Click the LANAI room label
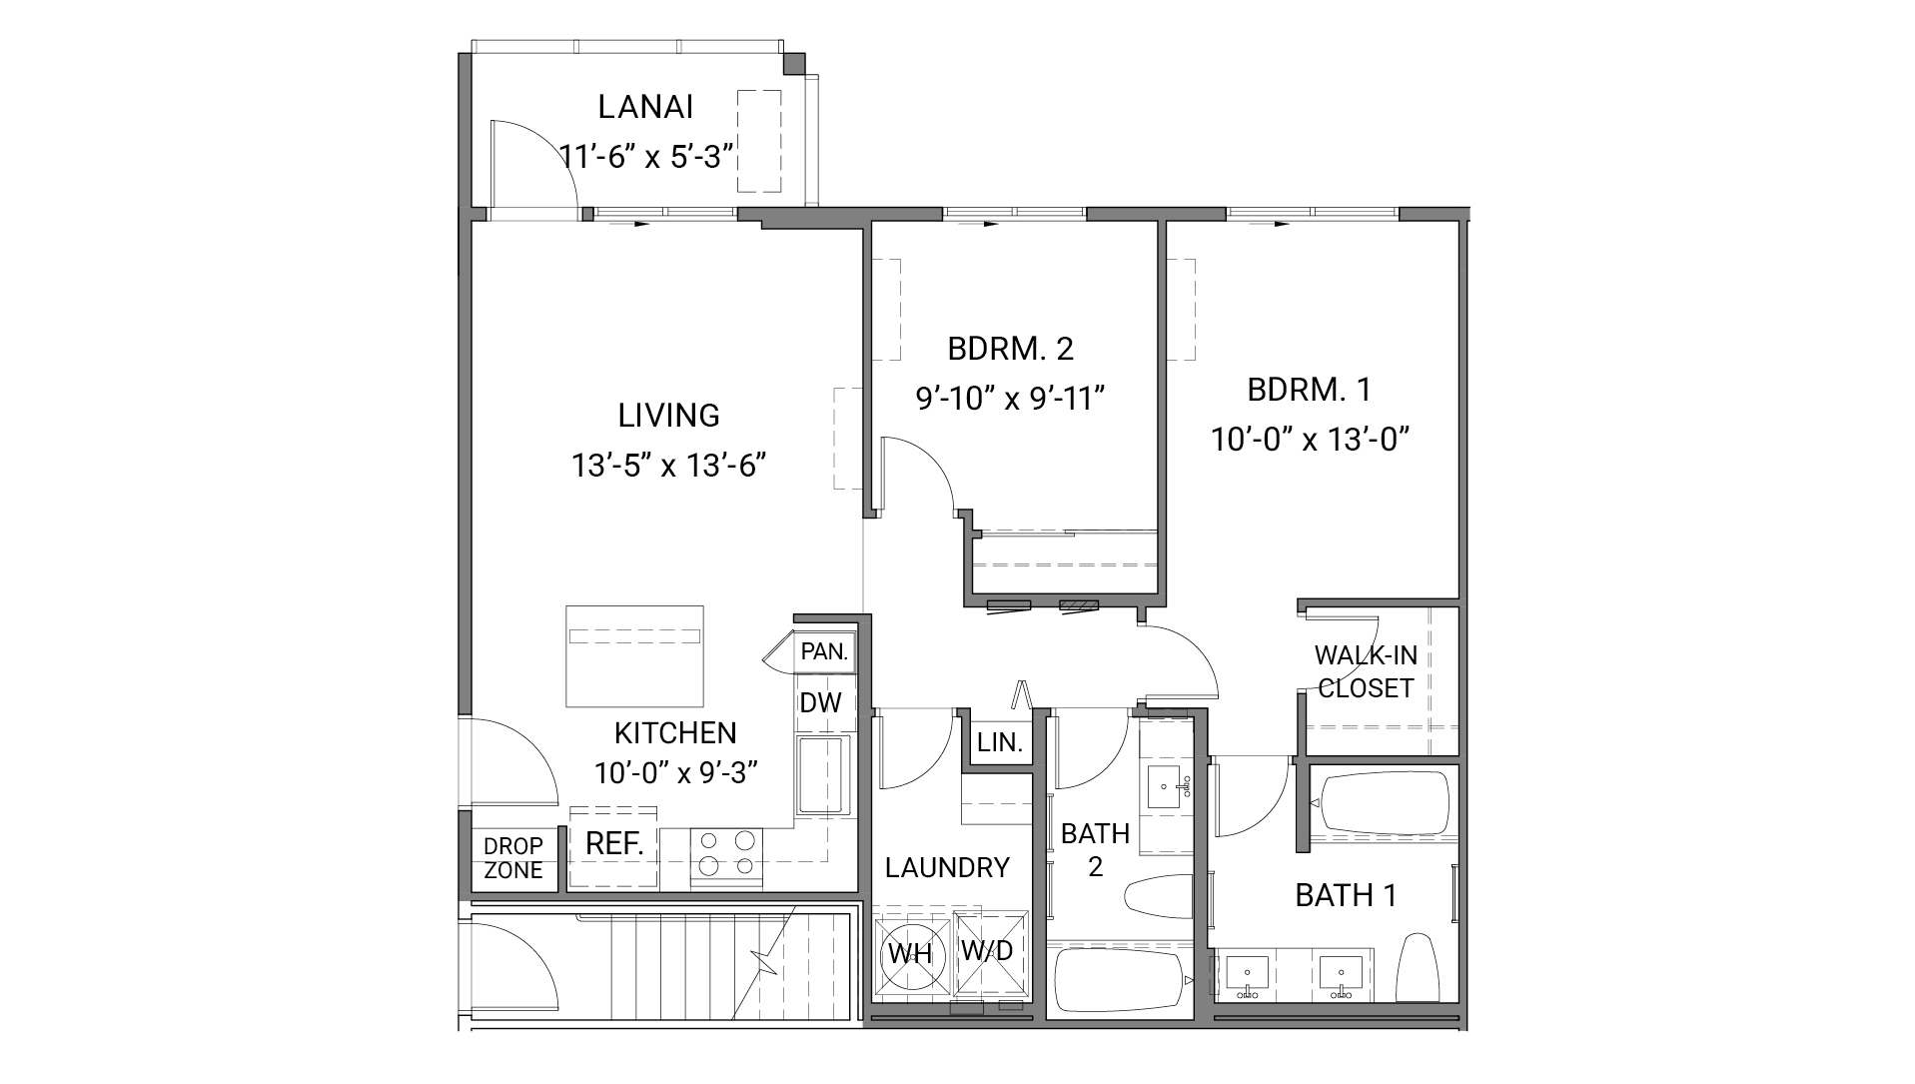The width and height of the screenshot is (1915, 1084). tap(645, 107)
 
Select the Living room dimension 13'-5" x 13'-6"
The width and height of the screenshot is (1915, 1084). tap(668, 466)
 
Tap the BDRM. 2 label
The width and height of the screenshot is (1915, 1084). tap(1010, 349)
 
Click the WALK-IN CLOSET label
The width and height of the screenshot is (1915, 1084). tap(1365, 671)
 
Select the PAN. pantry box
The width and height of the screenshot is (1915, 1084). tap(824, 652)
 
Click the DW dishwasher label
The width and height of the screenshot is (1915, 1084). tap(820, 702)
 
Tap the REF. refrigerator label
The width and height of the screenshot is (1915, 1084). tap(613, 843)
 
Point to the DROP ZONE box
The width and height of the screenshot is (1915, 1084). tap(513, 858)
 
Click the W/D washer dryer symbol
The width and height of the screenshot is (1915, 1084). tap(988, 950)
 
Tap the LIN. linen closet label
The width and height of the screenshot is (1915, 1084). tap(1000, 742)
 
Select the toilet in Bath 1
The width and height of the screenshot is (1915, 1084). tap(1417, 967)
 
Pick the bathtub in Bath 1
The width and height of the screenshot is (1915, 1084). tap(1383, 802)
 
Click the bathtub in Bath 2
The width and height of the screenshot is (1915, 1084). tap(1119, 981)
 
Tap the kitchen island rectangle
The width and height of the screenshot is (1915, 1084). tap(634, 655)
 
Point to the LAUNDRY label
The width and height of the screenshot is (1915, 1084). tap(947, 867)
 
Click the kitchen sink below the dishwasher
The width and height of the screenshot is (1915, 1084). tap(821, 775)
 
